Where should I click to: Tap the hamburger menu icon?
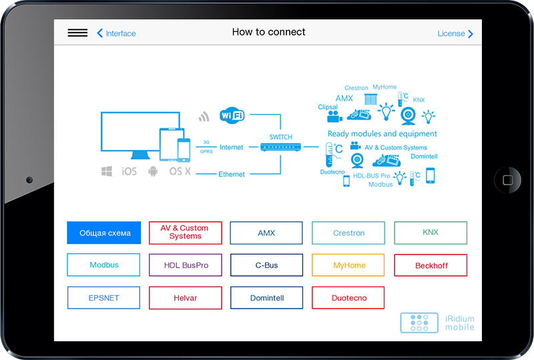(x=77, y=33)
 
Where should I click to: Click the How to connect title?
(x=268, y=32)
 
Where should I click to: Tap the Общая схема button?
(x=103, y=233)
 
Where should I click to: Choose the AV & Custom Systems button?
(x=185, y=232)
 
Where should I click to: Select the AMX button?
(x=266, y=233)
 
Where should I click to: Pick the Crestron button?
(x=348, y=233)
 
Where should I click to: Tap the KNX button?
(x=431, y=232)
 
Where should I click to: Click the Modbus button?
(x=103, y=265)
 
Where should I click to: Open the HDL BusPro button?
(x=186, y=265)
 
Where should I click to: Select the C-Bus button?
(x=266, y=265)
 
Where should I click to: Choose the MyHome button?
(x=348, y=265)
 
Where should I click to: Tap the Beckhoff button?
(x=431, y=265)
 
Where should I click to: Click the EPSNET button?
(x=103, y=298)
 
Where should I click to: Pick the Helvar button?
(x=185, y=298)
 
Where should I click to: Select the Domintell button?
(x=266, y=298)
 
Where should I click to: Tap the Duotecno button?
(x=348, y=298)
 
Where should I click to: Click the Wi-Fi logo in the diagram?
(x=232, y=116)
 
